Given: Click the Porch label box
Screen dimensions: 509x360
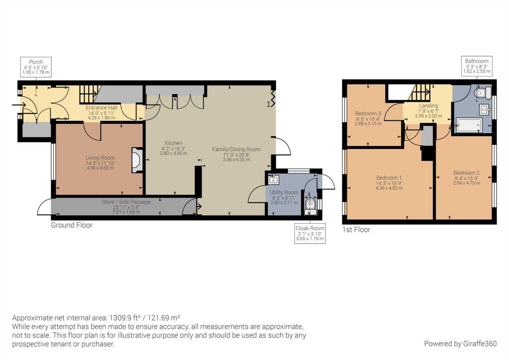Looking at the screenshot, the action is tap(36, 67).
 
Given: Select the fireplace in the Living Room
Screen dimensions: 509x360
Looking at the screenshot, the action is tap(137, 160).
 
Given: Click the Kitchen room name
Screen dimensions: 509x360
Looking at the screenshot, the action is tap(173, 143).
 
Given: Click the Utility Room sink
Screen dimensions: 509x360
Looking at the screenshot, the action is tap(273, 179).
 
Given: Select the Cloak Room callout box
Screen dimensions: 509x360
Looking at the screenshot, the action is tap(310, 233).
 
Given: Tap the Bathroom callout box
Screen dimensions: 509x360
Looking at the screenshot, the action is tap(477, 66).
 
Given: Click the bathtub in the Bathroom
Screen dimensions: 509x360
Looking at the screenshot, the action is tap(469, 125).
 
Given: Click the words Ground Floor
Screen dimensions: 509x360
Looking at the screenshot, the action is tap(72, 225).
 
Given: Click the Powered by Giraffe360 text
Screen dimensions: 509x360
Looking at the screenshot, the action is tap(460, 344).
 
